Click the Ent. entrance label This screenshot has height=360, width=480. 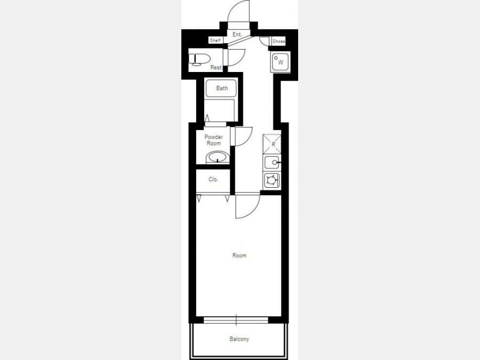click(x=237, y=34)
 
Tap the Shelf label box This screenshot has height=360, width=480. click(x=215, y=41)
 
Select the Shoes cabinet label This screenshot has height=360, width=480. click(x=278, y=41)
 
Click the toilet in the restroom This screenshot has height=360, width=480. click(x=199, y=59)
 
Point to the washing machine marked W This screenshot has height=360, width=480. click(x=280, y=62)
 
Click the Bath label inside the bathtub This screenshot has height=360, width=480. click(x=222, y=88)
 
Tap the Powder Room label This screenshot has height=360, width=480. click(x=214, y=140)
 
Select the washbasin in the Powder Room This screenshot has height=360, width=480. click(x=218, y=158)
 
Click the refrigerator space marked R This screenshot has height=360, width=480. click(x=272, y=143)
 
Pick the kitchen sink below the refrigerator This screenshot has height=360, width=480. click(x=272, y=163)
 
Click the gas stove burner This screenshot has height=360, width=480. click(x=272, y=180)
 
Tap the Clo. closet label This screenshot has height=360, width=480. click(x=213, y=179)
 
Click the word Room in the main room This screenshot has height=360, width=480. click(x=239, y=255)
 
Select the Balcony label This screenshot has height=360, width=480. click(x=239, y=339)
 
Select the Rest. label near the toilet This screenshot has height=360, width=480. click(x=217, y=67)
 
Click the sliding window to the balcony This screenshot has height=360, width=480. click(x=236, y=321)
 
